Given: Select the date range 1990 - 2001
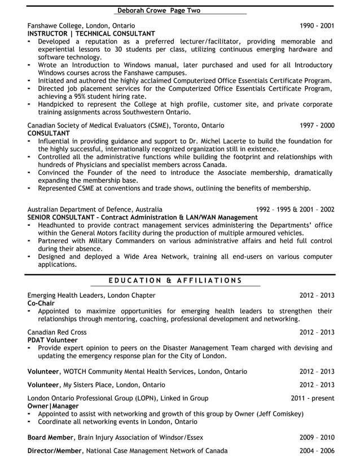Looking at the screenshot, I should [x=317, y=25].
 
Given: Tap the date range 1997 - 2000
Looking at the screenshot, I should [x=317, y=125].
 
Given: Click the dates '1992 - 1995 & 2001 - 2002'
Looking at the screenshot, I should [x=295, y=209].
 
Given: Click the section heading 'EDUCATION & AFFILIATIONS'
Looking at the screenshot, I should [x=175, y=280].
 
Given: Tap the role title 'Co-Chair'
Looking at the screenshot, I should [x=41, y=303].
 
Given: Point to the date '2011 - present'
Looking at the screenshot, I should [x=313, y=398].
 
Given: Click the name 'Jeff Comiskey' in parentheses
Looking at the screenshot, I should [x=279, y=414].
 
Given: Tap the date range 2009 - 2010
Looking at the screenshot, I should [x=317, y=437].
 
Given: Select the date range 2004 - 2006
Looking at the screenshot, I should [x=317, y=451].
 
